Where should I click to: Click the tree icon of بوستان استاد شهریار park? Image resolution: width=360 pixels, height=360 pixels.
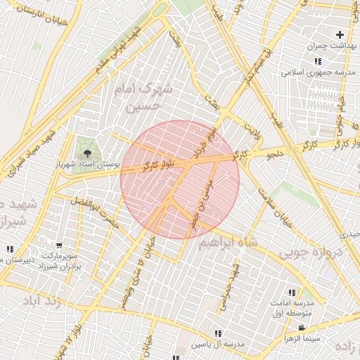[88, 152]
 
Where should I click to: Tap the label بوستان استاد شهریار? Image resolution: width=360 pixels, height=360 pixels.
[88, 163]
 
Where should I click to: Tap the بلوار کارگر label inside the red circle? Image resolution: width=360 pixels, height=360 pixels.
[150, 168]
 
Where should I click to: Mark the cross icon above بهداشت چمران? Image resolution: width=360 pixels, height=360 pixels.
[340, 34]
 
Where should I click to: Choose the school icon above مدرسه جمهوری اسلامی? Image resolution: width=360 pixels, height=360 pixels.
[319, 62]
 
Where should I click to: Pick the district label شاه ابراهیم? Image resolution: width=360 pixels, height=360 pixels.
[228, 243]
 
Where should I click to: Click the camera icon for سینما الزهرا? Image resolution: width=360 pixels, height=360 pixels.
[302, 328]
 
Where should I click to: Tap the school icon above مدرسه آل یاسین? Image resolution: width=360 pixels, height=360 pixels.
[217, 333]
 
